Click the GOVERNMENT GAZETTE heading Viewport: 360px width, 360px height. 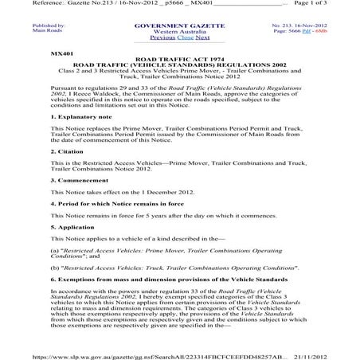pyautogui.click(x=179, y=25)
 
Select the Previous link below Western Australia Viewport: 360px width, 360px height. pyautogui.click(x=162, y=37)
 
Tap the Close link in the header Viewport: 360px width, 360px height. pyautogui.click(x=184, y=37)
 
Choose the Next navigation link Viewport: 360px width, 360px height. pyautogui.click(x=202, y=37)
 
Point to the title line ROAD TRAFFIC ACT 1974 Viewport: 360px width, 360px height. pyautogui.click(x=180, y=58)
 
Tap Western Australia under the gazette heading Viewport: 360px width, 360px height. pyautogui.click(x=179, y=31)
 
